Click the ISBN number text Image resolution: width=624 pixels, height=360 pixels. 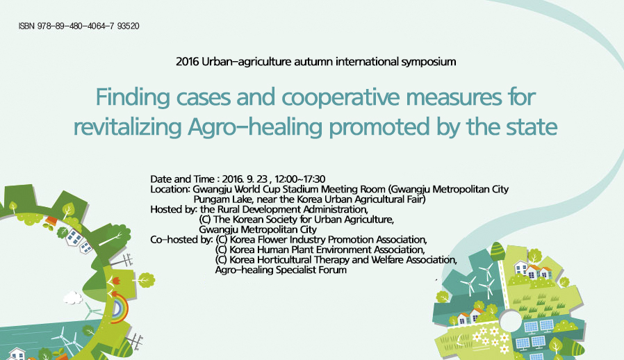tap(79, 26)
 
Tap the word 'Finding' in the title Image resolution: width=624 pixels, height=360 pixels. tap(133, 97)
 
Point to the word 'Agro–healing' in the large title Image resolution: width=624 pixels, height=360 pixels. tap(255, 127)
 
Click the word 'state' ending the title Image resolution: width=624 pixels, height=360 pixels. tap(532, 126)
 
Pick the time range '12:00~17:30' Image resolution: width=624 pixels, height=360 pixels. tap(300, 179)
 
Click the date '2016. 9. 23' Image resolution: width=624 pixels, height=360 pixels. tap(245, 179)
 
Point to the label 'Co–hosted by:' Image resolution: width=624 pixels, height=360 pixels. tap(181, 240)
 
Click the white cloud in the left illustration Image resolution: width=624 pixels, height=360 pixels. tap(72, 297)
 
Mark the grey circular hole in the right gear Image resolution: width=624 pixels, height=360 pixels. tap(510, 321)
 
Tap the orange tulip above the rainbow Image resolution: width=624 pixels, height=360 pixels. tap(116, 281)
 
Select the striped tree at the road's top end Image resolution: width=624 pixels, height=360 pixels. tap(498, 251)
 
